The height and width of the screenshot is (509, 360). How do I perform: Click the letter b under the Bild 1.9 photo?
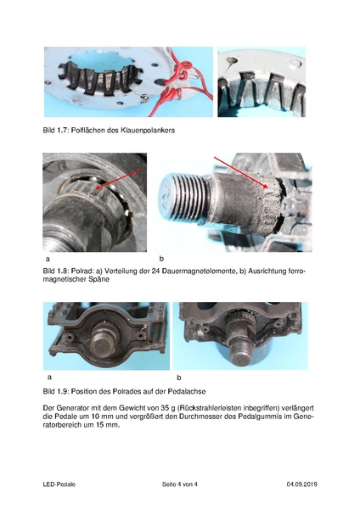pos(178,377)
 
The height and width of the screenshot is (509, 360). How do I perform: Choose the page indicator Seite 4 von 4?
pos(179,484)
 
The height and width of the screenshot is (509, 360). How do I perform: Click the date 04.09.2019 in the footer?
pos(301,484)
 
